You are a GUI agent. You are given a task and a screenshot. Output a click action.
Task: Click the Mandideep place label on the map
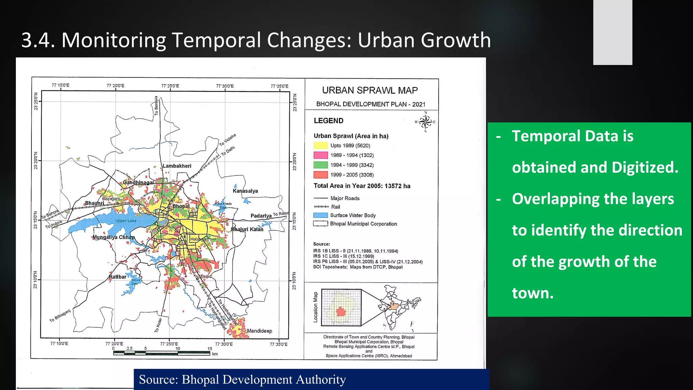pyautogui.click(x=259, y=331)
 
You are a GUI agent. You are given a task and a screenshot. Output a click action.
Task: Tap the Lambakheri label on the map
pyautogui.click(x=177, y=166)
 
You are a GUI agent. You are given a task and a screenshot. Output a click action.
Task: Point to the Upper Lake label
pyautogui.click(x=126, y=221)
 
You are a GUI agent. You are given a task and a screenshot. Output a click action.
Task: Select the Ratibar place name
pyautogui.click(x=117, y=277)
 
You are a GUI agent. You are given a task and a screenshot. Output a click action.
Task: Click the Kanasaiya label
pyautogui.click(x=245, y=191)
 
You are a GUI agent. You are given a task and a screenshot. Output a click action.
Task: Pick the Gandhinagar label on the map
pyautogui.click(x=138, y=182)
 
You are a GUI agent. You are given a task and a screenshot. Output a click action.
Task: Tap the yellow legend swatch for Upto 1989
pyautogui.click(x=320, y=146)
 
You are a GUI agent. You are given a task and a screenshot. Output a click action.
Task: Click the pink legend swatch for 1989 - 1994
pyautogui.click(x=320, y=155)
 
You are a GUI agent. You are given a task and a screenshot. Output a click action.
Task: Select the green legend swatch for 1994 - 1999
pyautogui.click(x=320, y=165)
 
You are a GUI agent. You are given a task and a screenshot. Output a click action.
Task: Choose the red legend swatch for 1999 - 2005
pyautogui.click(x=320, y=175)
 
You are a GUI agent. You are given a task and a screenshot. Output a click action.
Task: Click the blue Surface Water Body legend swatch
pyautogui.click(x=320, y=215)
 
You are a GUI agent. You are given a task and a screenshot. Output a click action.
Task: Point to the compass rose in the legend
pyautogui.click(x=425, y=122)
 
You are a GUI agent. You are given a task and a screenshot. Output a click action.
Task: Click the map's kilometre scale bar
pyautogui.click(x=161, y=353)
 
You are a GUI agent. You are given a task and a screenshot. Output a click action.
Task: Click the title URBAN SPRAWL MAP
pyautogui.click(x=370, y=90)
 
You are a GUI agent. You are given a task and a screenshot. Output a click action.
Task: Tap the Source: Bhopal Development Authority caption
pyautogui.click(x=242, y=380)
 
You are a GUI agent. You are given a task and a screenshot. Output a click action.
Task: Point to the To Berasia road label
pyautogui.click(x=156, y=106)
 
